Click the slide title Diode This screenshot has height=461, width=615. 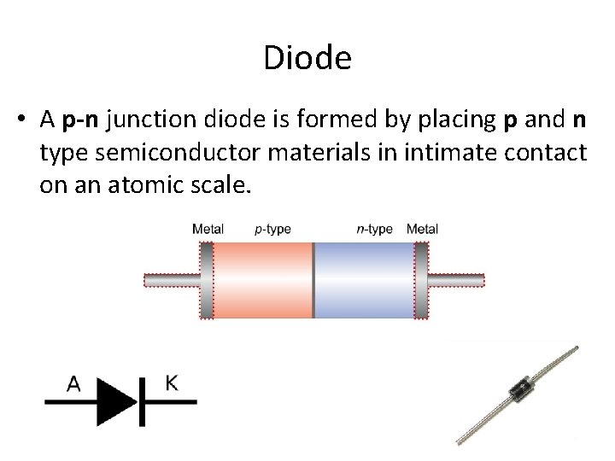click(x=307, y=59)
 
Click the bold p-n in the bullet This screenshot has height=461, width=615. click(x=82, y=121)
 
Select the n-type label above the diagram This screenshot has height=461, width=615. click(x=374, y=229)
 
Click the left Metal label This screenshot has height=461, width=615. click(x=209, y=229)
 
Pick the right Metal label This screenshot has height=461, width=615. click(x=423, y=229)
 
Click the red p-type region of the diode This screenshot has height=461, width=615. click(x=261, y=279)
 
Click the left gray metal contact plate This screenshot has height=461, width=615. click(x=206, y=279)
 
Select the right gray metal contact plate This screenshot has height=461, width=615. click(x=420, y=279)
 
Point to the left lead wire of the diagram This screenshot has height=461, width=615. click(x=171, y=279)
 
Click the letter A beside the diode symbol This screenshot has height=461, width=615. click(x=74, y=385)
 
